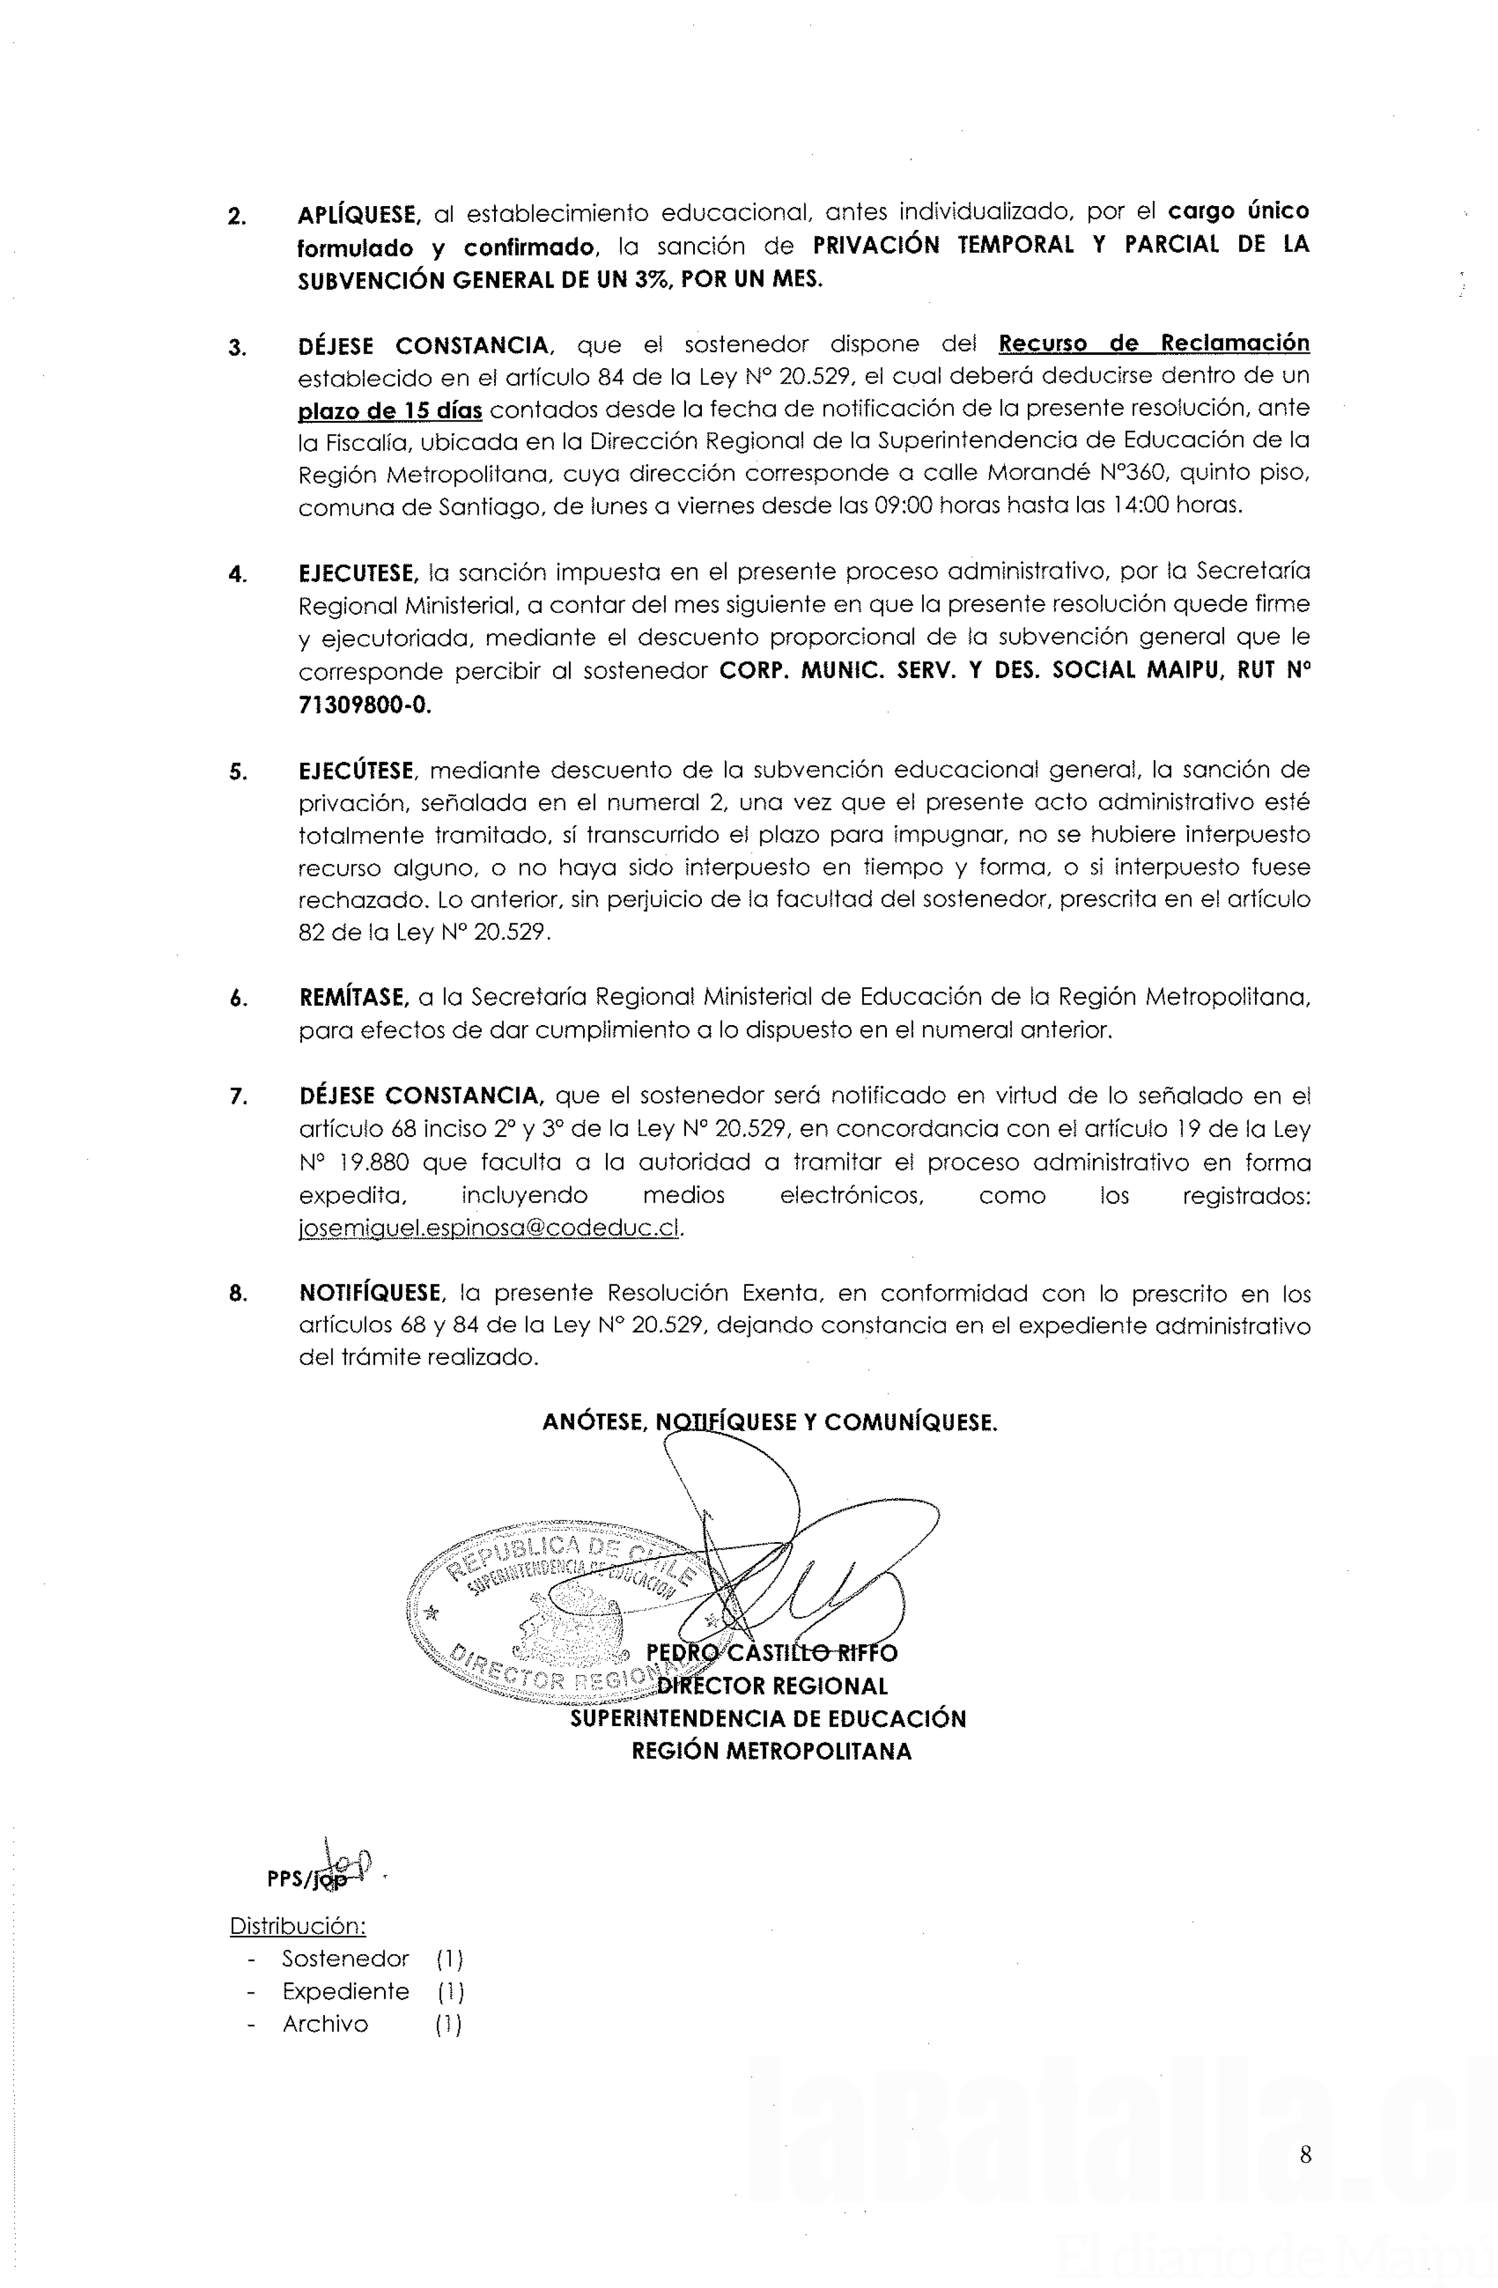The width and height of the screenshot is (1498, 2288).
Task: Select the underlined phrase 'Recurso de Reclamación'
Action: (x=1154, y=343)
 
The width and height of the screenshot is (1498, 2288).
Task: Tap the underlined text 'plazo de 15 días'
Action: (x=389, y=410)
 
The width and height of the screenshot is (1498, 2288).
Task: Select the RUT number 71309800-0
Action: (x=365, y=705)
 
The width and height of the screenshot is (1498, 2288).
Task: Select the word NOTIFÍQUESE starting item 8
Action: (x=370, y=1293)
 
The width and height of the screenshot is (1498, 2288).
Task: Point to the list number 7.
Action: (x=238, y=1097)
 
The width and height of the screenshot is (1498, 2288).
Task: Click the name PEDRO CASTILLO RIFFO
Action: (x=772, y=1653)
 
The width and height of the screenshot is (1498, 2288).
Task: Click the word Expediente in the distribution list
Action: (x=345, y=1991)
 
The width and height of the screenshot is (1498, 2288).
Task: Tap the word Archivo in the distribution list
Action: (x=325, y=2023)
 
